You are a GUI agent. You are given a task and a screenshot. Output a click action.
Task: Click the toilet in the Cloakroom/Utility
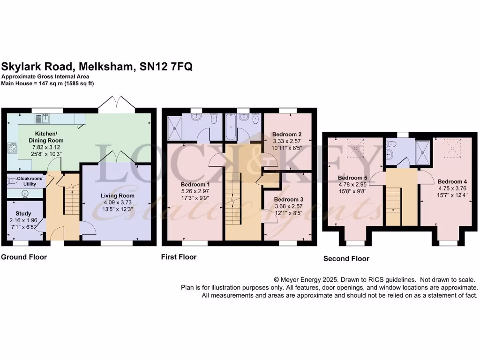click(x=12, y=181)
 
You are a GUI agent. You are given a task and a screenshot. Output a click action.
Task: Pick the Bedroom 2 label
click(x=287, y=134)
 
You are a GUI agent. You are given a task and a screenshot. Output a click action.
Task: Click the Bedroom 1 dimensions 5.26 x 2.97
click(x=195, y=191)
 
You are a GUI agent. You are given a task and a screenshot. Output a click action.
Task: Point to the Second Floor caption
click(x=346, y=258)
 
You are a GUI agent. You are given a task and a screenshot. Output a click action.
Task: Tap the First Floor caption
click(x=179, y=257)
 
